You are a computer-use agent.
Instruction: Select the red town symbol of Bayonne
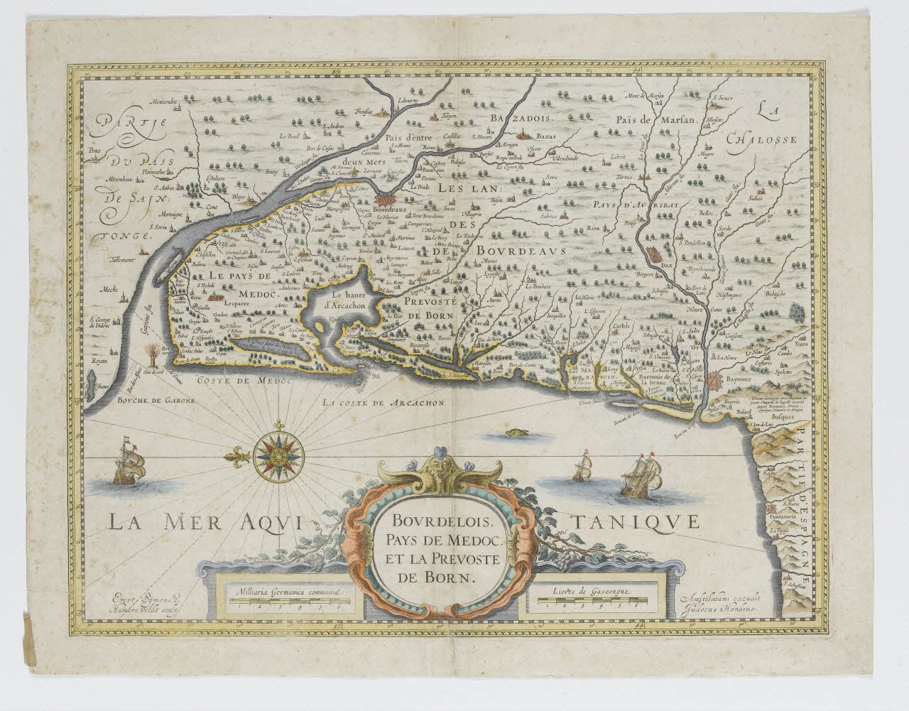714,381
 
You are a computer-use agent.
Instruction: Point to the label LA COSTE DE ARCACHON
383,403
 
